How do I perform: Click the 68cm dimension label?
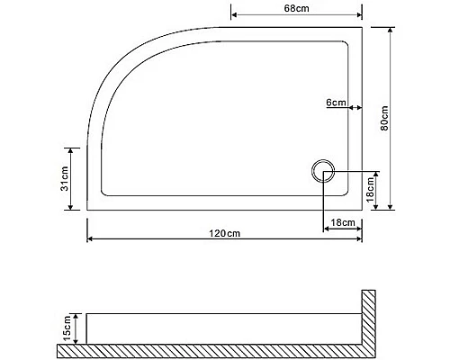[x=297, y=8]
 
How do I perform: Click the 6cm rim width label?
[x=336, y=103]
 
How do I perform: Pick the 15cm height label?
[x=66, y=328]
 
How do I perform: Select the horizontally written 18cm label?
[x=341, y=221]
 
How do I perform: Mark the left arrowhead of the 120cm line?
[x=90, y=240]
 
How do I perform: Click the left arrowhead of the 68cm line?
[x=235, y=16]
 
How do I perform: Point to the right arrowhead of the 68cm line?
[x=359, y=16]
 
